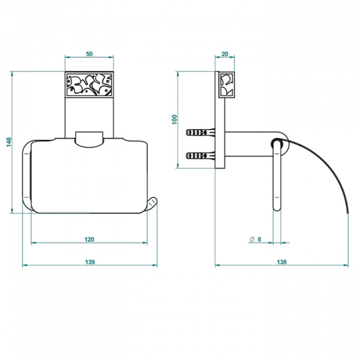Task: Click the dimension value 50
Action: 89,54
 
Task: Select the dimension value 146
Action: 9,142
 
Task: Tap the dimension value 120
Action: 89,239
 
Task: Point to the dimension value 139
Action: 90,262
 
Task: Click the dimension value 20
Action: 225,54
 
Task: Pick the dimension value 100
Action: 175,119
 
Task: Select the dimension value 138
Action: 282,262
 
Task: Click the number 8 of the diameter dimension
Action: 259,239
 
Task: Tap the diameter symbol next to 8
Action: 252,239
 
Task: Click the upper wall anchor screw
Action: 200,133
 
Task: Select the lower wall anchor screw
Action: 200,156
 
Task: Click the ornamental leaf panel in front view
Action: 89,84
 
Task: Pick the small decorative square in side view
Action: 227,85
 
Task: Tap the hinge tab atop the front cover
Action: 89,139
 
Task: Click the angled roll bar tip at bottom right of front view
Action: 152,204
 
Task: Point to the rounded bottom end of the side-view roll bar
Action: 277,208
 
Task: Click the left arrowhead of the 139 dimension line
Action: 25,265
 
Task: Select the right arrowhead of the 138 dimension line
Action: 346,265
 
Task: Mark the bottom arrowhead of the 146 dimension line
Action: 12,211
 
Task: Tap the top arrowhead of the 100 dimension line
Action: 178,74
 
